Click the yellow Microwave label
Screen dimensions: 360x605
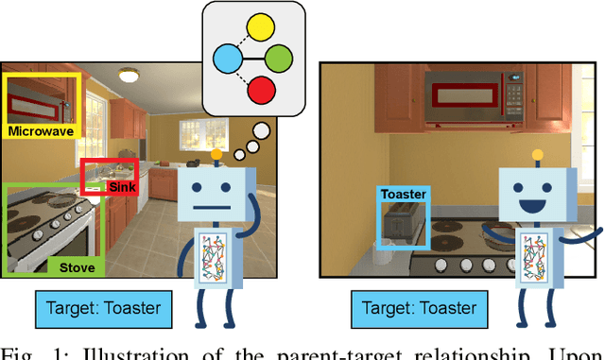point(41,131)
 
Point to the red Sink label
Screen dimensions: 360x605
point(123,187)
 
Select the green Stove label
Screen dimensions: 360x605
point(77,267)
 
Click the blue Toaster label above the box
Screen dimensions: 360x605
point(404,195)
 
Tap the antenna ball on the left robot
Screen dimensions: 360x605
point(217,153)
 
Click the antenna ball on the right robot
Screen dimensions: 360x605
point(539,153)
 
